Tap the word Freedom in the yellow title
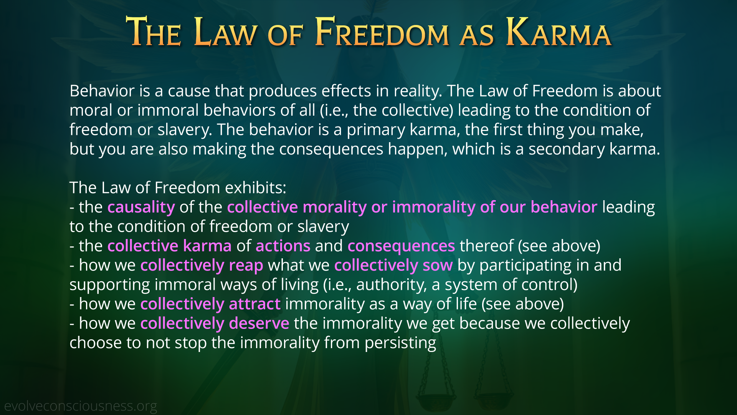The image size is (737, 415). pyautogui.click(x=382, y=32)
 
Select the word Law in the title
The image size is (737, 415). pyautogui.click(x=225, y=32)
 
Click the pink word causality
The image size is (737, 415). pyautogui.click(x=141, y=207)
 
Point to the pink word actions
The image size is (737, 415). pyautogui.click(x=283, y=246)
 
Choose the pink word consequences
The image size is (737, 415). pyautogui.click(x=401, y=246)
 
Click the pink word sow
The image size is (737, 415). pyautogui.click(x=438, y=266)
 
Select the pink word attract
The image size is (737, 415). pyautogui.click(x=255, y=304)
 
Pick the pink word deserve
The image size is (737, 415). pyautogui.click(x=259, y=323)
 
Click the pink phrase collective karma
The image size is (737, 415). pyautogui.click(x=170, y=246)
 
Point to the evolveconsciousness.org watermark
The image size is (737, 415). pyautogui.click(x=81, y=406)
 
